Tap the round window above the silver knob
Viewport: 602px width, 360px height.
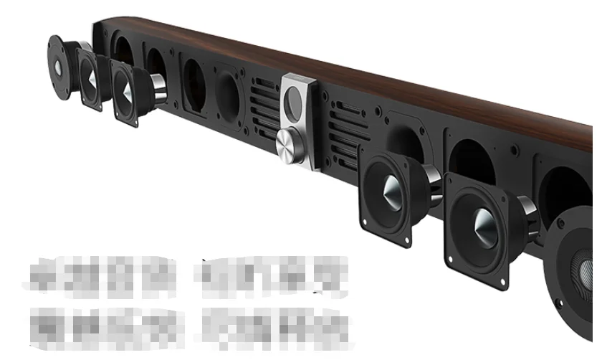(x=295, y=100)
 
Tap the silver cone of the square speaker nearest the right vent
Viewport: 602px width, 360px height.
(x=391, y=190)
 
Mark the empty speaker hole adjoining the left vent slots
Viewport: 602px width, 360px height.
(x=228, y=90)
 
